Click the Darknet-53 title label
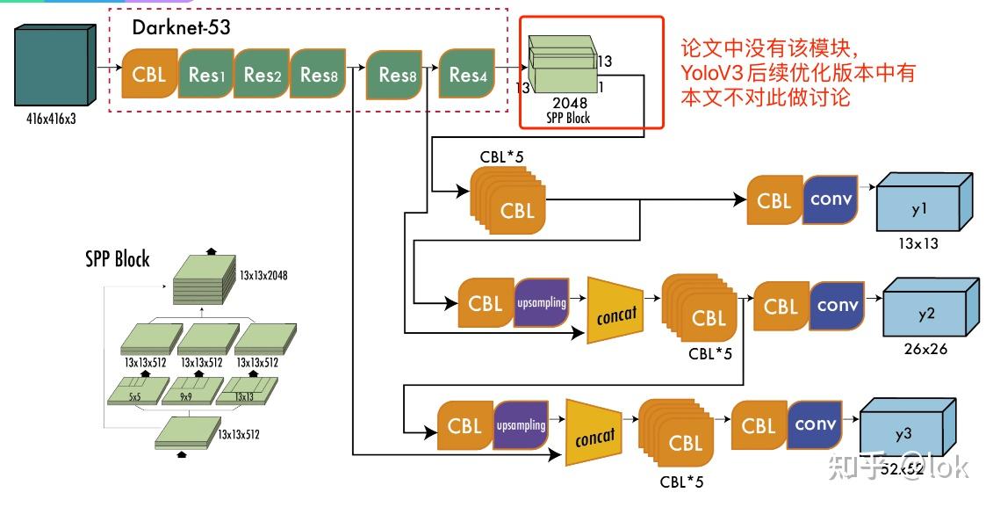(181, 27)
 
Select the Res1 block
(205, 74)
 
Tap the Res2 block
(262, 74)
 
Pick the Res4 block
(467, 75)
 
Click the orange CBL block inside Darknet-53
(149, 74)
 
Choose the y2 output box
(927, 309)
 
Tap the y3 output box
(904, 431)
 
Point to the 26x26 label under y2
(925, 349)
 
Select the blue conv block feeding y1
(831, 199)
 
